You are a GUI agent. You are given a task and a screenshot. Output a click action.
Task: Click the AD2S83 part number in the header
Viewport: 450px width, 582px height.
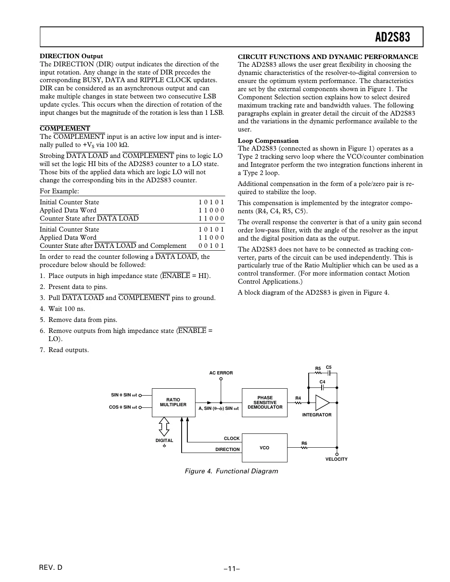(392, 37)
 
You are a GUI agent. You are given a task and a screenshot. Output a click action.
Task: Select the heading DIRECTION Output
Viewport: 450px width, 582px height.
(71, 56)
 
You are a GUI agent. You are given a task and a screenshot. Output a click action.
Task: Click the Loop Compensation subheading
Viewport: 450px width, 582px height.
(268, 141)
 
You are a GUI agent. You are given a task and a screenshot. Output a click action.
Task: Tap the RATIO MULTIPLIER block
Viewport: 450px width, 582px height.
(173, 403)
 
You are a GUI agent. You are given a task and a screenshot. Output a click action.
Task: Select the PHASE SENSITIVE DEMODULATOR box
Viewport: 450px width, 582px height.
(265, 403)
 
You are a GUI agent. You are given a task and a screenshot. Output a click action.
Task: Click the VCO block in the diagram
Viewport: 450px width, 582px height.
(265, 448)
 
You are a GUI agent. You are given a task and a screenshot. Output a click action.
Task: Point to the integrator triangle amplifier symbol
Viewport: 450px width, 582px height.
(322, 403)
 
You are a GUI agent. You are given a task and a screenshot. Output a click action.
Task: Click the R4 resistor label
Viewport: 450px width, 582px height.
(298, 398)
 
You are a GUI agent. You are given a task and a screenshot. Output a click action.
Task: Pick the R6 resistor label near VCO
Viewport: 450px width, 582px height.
(304, 443)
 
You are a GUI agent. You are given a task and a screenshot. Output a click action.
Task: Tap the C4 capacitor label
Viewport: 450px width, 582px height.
(323, 382)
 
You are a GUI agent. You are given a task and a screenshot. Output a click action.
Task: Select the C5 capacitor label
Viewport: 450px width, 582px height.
(329, 368)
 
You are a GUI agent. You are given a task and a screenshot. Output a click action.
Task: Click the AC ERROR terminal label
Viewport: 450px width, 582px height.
(221, 373)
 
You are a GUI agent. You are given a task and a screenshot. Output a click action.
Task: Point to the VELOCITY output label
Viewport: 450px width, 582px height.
(336, 459)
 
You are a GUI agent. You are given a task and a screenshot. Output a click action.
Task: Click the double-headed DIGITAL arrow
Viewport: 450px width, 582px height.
(164, 426)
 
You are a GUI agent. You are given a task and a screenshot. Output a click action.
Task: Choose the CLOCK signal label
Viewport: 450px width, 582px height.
(232, 438)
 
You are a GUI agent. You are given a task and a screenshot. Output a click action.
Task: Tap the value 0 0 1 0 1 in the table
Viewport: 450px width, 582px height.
(211, 246)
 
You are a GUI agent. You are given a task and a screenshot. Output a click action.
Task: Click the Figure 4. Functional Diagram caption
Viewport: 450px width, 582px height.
(231, 471)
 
